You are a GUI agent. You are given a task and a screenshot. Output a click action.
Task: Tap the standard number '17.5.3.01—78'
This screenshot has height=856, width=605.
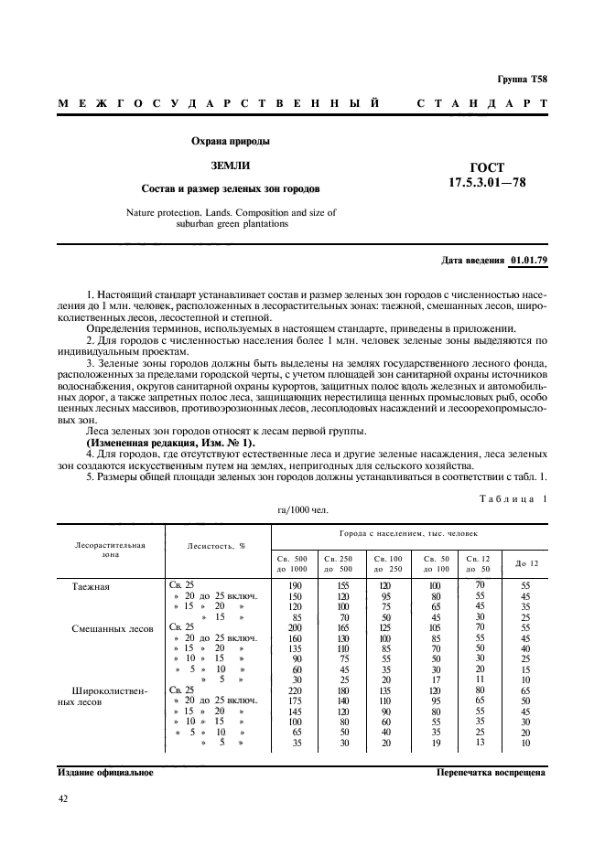click(487, 182)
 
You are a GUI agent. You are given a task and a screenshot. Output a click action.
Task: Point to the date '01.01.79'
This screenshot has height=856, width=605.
click(529, 261)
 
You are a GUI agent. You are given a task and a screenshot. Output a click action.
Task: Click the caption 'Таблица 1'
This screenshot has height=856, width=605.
click(513, 498)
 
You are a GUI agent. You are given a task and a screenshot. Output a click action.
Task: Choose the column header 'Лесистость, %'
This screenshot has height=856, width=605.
click(216, 546)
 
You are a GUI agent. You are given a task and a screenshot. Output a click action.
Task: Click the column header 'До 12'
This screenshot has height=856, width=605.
click(527, 563)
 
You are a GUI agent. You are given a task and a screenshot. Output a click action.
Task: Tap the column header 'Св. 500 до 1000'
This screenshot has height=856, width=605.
click(292, 563)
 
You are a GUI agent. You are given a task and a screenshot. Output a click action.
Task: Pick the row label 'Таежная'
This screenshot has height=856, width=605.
click(91, 586)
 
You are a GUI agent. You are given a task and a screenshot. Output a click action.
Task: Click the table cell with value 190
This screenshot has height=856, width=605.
click(295, 585)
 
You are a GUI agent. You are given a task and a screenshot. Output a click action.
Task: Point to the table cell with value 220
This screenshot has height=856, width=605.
click(294, 691)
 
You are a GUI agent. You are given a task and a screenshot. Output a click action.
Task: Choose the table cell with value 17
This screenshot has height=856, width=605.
click(435, 680)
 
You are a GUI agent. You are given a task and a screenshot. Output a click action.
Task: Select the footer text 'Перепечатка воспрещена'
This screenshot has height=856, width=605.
click(491, 772)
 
